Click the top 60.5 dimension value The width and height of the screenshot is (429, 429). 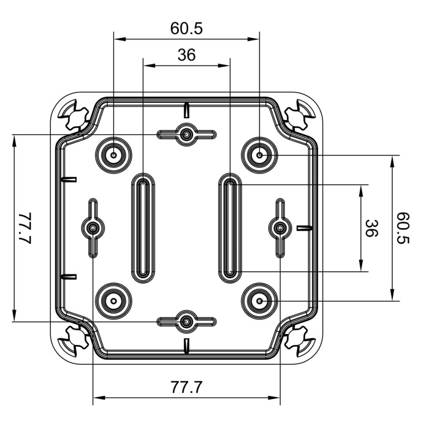[x=186, y=28]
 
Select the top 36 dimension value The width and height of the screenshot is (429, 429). [x=186, y=55]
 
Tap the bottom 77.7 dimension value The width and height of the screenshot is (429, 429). [x=186, y=387]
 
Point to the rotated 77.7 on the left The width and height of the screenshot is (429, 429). [x=25, y=228]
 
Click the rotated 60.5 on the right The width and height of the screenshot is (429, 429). [x=403, y=228]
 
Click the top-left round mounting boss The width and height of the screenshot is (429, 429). [x=115, y=155]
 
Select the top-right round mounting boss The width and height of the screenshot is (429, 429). [x=260, y=155]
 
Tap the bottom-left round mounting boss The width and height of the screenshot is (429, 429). [x=115, y=301]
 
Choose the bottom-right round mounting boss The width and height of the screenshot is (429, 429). [x=260, y=301]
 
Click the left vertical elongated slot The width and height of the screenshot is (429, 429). [x=142, y=228]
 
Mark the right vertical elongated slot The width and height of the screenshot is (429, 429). [x=229, y=228]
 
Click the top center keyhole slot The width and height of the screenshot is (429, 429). [x=186, y=134]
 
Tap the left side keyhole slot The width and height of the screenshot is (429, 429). [x=93, y=228]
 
